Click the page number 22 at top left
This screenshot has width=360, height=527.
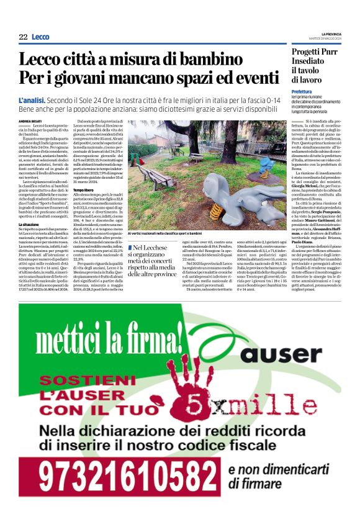pos(23,37)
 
